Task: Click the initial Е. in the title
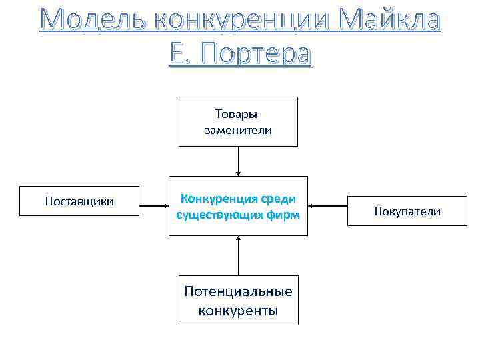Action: point(181,53)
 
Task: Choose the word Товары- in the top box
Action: point(238,114)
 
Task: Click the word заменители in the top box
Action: point(238,130)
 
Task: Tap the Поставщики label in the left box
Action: point(79,201)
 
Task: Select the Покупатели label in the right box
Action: point(407,211)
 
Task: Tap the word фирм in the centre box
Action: point(283,215)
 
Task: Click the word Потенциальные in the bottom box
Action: point(238,292)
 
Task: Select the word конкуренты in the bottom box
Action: point(238,311)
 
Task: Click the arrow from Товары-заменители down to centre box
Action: point(238,161)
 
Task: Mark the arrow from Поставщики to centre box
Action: point(153,205)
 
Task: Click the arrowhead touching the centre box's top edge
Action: point(238,173)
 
